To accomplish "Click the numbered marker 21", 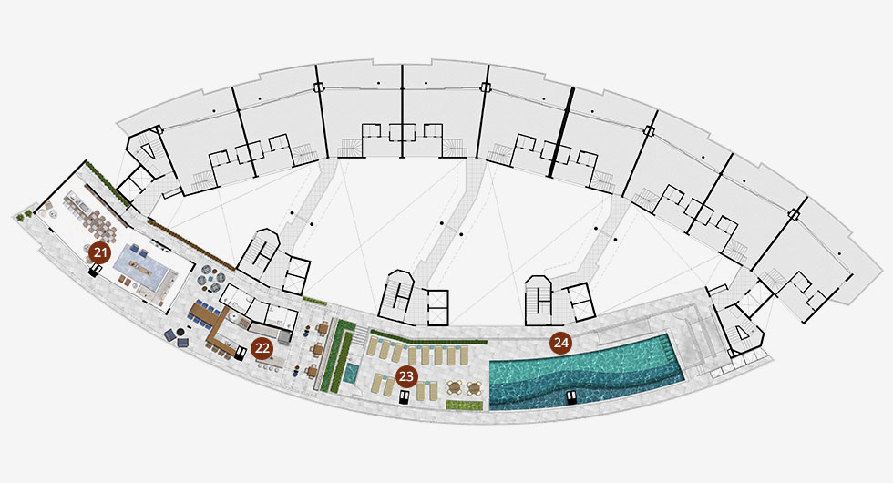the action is point(100,252).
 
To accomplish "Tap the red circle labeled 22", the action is point(262,348).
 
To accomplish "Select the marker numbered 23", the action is point(406,376).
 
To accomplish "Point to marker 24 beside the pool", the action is point(561,343).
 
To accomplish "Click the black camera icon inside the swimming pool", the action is point(572,397).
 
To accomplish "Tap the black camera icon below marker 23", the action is point(405,396).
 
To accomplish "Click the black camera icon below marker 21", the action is point(93,272).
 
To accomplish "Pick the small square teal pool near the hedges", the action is point(351,373).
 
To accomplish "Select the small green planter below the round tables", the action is point(464,405).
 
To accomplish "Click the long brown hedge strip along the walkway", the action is point(191,243).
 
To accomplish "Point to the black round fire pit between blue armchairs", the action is point(180,332).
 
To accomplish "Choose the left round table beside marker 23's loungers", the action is point(454,387).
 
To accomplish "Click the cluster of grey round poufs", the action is point(212,277).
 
